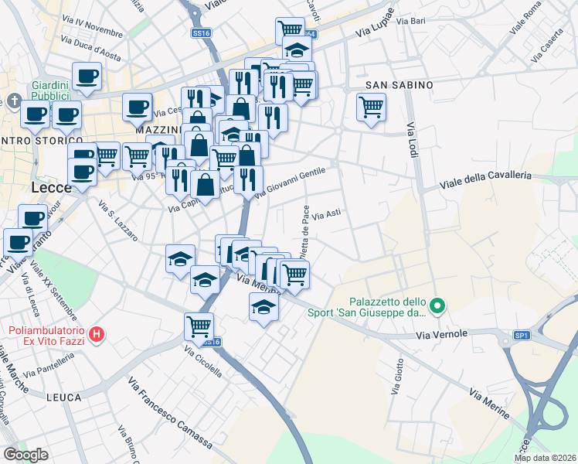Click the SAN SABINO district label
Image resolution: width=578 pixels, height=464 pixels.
399,84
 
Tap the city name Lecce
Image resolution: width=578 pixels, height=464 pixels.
53,188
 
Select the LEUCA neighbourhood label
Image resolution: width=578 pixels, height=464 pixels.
63,397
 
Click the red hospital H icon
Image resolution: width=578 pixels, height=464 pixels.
97,334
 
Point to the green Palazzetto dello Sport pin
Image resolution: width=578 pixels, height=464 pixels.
437,306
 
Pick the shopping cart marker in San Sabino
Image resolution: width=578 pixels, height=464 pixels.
371,107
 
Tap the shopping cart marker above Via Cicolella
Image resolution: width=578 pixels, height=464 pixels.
199,326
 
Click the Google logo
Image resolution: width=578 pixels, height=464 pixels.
25,455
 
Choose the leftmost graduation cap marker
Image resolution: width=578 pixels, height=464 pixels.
180,258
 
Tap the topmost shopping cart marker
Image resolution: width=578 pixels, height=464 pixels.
290,30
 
